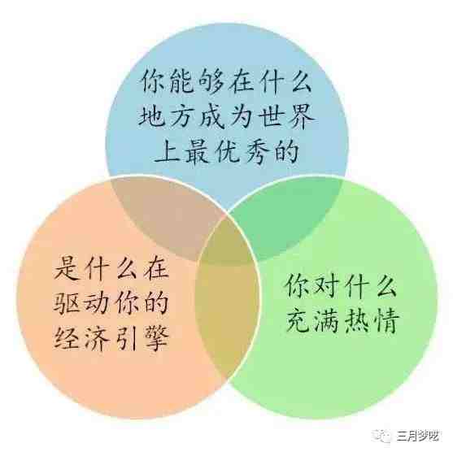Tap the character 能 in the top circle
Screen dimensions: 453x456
[x=181, y=82]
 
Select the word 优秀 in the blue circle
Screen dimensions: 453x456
[x=242, y=152]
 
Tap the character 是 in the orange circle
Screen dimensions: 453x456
[x=67, y=268]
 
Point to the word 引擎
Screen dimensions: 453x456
[x=142, y=338]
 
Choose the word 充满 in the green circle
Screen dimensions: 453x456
[x=312, y=322]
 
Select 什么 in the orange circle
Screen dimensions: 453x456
[x=111, y=268]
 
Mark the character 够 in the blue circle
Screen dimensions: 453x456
[x=211, y=82]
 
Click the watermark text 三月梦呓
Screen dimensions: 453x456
[x=418, y=436]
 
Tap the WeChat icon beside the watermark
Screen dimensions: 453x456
[x=382, y=436]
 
